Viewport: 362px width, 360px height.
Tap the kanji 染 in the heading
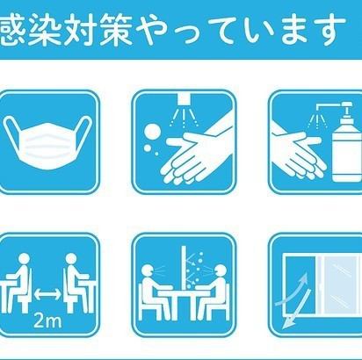tap(46, 30)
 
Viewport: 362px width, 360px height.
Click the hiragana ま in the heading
tap(293, 30)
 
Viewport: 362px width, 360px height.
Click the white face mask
tap(47, 143)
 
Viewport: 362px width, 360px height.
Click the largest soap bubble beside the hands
tap(152, 133)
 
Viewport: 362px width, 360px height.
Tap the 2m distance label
tap(47, 320)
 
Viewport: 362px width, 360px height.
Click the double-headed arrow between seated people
tap(47, 294)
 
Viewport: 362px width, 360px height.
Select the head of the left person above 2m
tap(24, 259)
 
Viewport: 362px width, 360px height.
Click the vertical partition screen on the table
tap(184, 268)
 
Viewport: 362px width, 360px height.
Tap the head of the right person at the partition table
tap(220, 270)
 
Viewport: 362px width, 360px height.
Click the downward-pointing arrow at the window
tap(296, 309)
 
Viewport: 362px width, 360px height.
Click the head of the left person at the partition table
tap(148, 270)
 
